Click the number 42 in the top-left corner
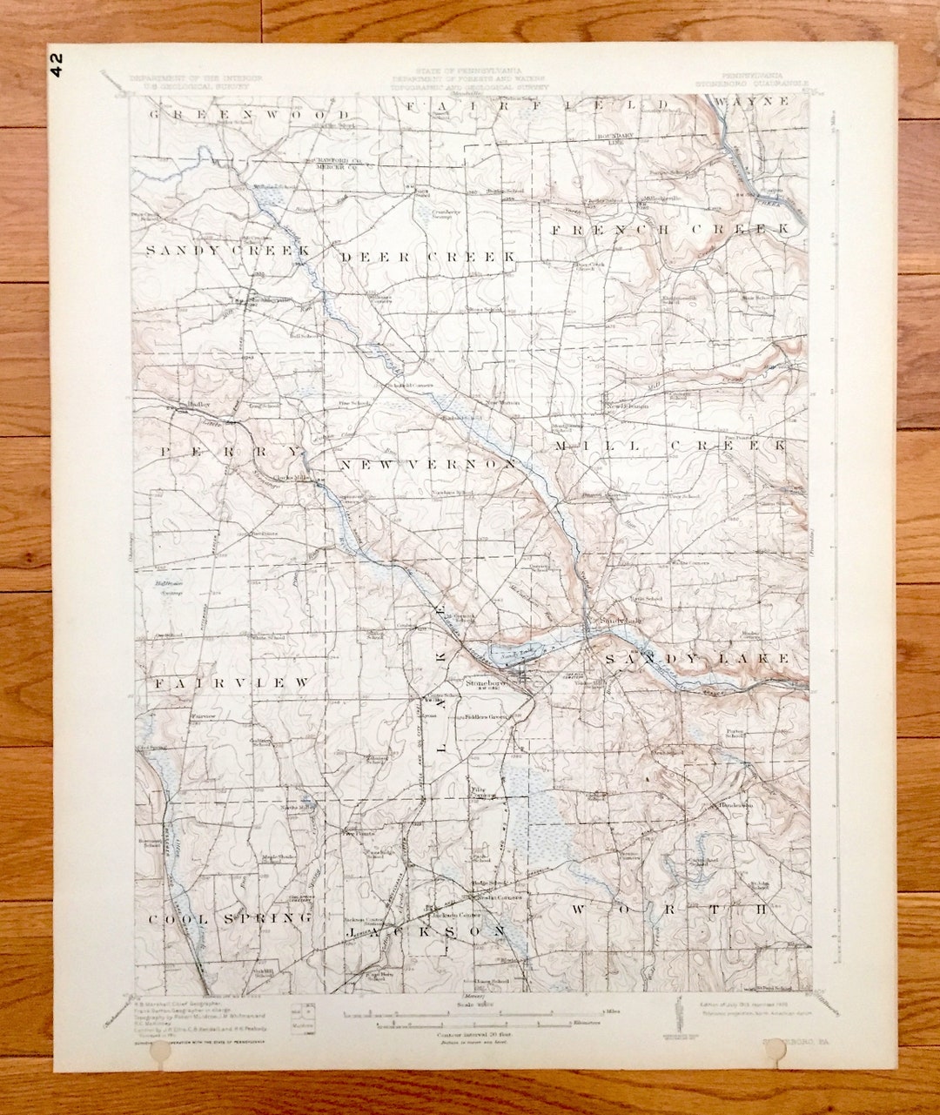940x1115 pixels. [57, 64]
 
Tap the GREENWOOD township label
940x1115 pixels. [250, 115]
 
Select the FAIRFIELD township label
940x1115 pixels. [540, 105]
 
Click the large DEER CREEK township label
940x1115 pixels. [427, 258]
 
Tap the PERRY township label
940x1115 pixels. [231, 452]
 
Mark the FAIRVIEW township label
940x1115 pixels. [232, 684]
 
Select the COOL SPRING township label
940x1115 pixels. [230, 919]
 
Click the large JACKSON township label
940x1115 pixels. [426, 931]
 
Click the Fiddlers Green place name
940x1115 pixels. [485, 716]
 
